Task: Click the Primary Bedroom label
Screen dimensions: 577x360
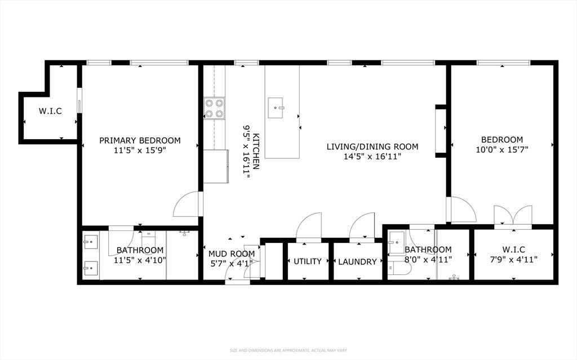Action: [x=140, y=140]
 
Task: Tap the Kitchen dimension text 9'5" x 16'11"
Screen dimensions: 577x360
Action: [x=246, y=152]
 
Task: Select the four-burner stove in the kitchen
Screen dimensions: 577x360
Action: [x=215, y=109]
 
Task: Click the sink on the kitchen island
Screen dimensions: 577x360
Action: [x=276, y=108]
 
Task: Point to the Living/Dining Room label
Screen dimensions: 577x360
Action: [x=372, y=146]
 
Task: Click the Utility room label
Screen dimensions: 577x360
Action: [x=308, y=261]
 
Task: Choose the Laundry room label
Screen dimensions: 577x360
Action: [x=357, y=262]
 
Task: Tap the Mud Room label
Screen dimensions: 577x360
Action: [x=232, y=254]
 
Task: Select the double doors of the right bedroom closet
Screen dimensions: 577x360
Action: [x=513, y=215]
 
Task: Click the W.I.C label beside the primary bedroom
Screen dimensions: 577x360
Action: [x=50, y=111]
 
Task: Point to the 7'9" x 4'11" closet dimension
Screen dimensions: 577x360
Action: [x=513, y=260]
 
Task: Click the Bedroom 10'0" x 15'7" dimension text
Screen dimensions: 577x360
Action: [x=502, y=149]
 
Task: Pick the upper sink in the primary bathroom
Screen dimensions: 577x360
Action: [x=91, y=242]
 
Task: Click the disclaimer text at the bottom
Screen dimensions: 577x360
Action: [x=288, y=350]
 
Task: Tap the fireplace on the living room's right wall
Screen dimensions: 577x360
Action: [x=441, y=131]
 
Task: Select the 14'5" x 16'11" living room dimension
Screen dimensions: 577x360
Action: [x=372, y=157]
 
